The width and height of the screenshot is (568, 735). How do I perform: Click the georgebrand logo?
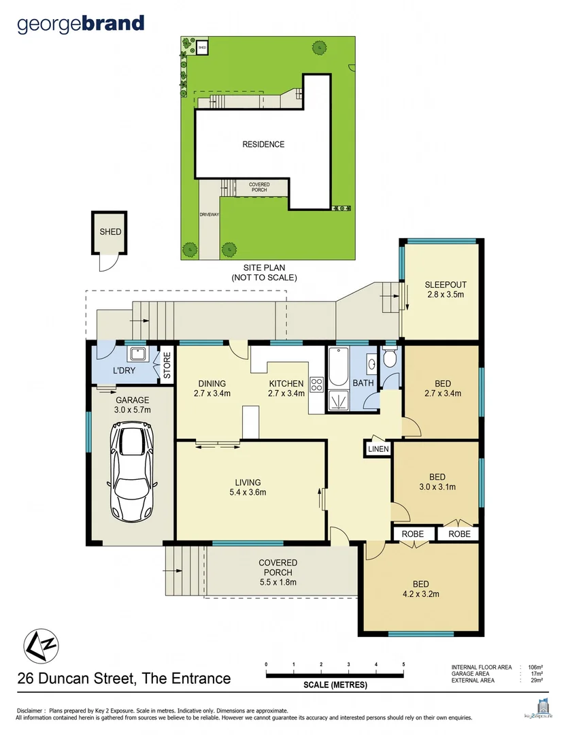click(80, 24)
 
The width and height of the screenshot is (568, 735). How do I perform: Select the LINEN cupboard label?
click(378, 449)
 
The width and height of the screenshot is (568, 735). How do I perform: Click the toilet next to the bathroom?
click(390, 359)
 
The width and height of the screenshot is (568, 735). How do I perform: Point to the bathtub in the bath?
click(338, 365)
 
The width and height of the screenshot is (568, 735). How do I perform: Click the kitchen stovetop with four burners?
click(316, 385)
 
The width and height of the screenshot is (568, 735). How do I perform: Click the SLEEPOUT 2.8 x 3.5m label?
click(445, 290)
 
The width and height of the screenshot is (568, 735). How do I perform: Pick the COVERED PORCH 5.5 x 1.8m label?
click(278, 572)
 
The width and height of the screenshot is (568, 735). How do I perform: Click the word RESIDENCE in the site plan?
click(263, 144)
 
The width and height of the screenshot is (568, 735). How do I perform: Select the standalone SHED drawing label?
click(110, 231)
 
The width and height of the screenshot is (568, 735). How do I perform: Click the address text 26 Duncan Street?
click(124, 679)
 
